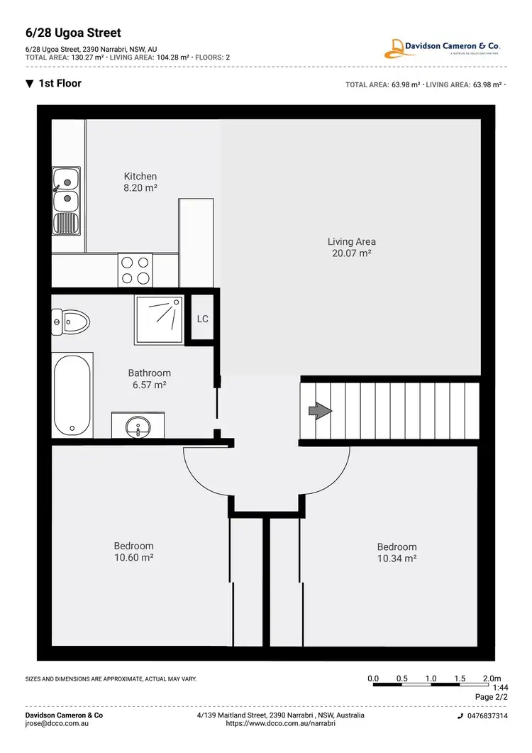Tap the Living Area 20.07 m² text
point(351,247)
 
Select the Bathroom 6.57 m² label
point(149,379)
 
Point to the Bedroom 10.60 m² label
point(133,551)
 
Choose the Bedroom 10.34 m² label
point(397,552)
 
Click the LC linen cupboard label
point(202,319)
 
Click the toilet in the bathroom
point(71,323)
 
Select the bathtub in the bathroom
point(72,395)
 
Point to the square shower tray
point(159,320)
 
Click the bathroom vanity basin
point(138,427)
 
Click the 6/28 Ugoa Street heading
point(73,33)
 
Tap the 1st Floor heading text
point(60,84)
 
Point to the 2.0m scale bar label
point(492,678)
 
